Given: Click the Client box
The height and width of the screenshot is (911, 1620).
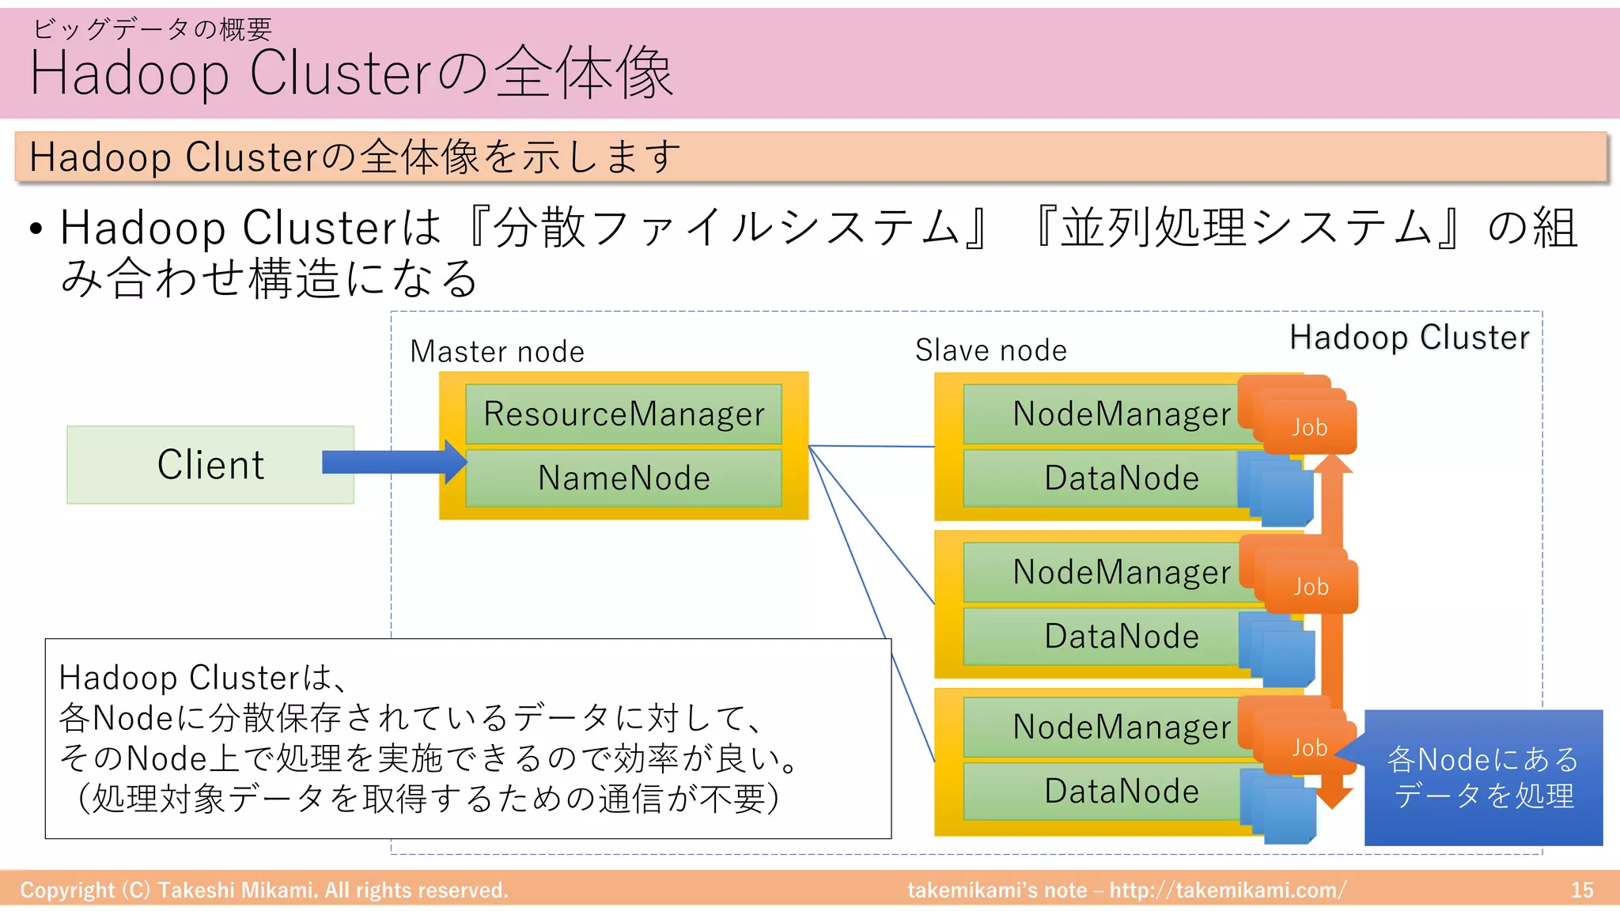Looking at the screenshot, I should [x=210, y=465].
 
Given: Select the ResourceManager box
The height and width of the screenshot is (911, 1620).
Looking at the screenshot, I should [x=623, y=414].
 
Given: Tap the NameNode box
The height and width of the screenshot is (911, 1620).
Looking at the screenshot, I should [x=623, y=478].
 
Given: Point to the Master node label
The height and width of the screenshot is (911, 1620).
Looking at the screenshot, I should [x=497, y=351].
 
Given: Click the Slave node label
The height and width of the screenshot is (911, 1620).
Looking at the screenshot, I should [x=990, y=350].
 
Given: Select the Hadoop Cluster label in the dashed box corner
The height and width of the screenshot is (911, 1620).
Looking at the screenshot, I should [x=1409, y=338].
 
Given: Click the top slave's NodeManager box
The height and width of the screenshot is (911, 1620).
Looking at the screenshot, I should [x=1107, y=414].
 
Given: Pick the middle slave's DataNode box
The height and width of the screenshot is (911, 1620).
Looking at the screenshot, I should [x=1107, y=637].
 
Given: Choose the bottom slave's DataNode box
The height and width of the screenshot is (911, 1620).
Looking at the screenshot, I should [x=1107, y=792].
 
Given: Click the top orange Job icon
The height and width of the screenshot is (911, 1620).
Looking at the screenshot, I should [x=1309, y=427].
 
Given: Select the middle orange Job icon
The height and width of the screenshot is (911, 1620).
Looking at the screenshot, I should [x=1311, y=587].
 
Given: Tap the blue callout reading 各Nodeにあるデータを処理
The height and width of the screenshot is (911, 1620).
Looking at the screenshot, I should [x=1483, y=778].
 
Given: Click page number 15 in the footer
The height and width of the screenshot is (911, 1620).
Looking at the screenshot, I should [x=1582, y=890].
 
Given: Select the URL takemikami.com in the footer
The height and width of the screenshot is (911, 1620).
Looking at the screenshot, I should [x=1226, y=890].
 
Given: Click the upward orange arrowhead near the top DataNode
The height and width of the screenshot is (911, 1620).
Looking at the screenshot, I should [x=1334, y=464].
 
